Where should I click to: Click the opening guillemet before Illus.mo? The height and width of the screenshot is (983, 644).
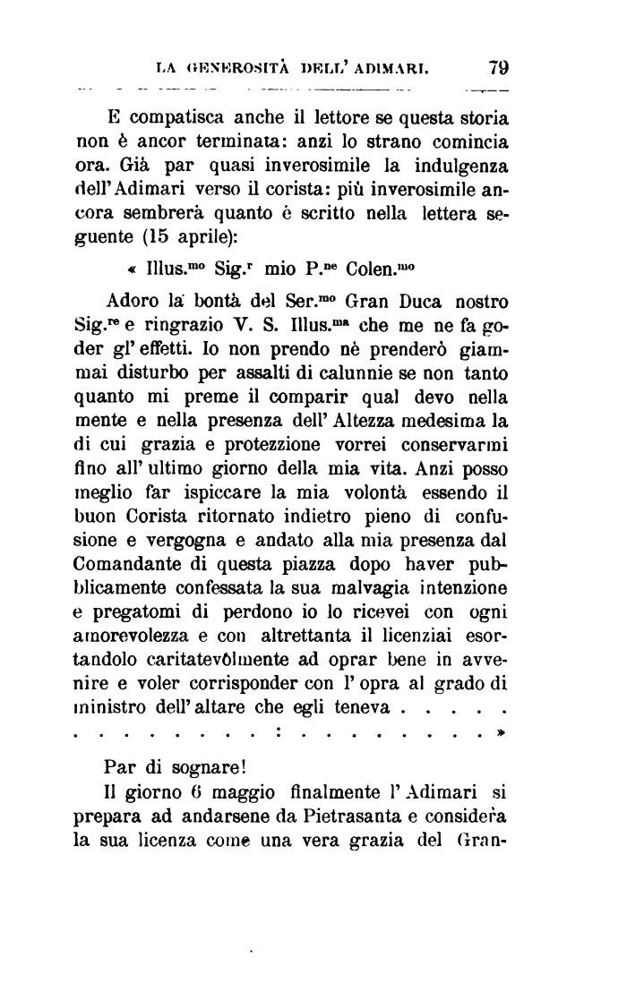point(132,269)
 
